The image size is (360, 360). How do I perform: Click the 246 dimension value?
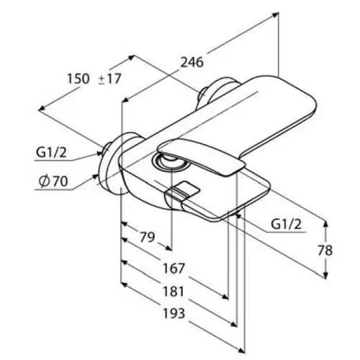coord(192,63)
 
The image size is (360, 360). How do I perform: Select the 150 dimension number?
coord(78,78)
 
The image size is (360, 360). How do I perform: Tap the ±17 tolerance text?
coord(109,78)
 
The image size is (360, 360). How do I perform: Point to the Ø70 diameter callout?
coord(53,181)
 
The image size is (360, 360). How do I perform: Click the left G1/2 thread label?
coord(51,153)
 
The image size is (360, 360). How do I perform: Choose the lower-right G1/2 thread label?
coord(286,225)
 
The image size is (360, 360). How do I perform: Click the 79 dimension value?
coord(148,237)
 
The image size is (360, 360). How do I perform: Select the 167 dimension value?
coord(174,269)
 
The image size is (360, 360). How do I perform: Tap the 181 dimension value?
coord(174,291)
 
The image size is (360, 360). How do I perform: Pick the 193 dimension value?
coord(174,313)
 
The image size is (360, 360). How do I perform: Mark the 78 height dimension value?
coord(325,251)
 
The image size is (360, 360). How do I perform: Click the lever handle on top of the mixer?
coord(201,156)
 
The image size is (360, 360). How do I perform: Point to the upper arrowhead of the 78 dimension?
coord(325,224)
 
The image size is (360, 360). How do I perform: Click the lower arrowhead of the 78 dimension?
coord(325,276)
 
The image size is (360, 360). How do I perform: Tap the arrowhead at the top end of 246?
coord(275,14)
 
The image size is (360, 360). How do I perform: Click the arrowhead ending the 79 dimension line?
coord(168,248)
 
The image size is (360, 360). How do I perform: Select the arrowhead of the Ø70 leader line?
coord(96,176)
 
